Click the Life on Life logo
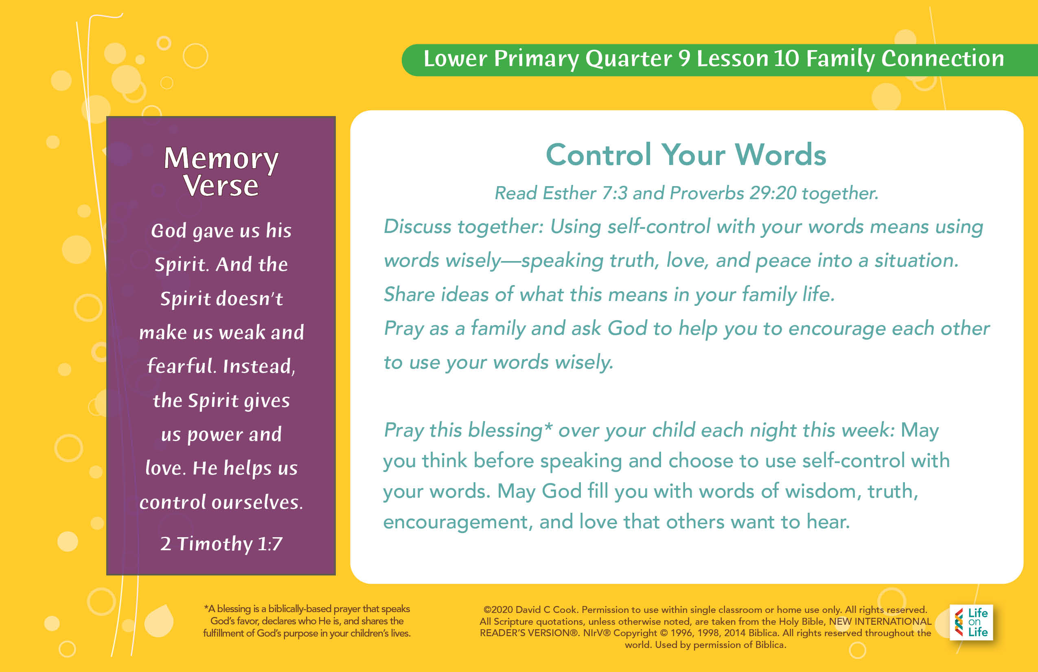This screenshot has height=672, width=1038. (971, 622)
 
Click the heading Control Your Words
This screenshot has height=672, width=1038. (686, 155)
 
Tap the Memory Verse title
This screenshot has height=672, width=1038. (221, 171)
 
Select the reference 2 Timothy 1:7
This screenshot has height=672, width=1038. (221, 544)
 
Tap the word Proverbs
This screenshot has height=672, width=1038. (707, 193)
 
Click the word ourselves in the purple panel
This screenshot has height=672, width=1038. (257, 502)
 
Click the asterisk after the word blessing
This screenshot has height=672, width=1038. (548, 426)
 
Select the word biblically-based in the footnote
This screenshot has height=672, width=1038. (300, 609)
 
